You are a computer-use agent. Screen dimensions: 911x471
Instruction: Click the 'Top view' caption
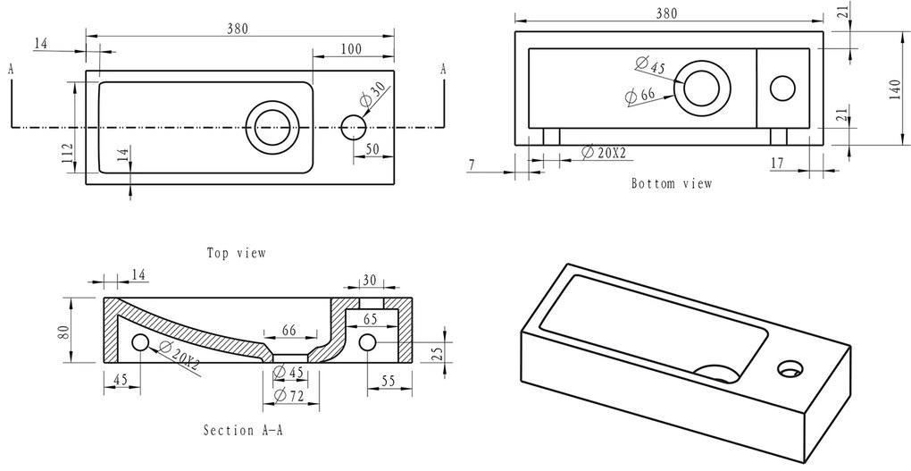pyautogui.click(x=237, y=253)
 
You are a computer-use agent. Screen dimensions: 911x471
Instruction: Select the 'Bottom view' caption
pyautogui.click(x=672, y=184)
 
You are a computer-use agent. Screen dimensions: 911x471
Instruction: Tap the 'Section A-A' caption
pyautogui.click(x=244, y=430)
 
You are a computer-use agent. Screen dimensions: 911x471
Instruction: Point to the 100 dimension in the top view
pyautogui.click(x=351, y=49)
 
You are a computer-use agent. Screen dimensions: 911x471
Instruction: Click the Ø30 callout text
pyautogui.click(x=372, y=94)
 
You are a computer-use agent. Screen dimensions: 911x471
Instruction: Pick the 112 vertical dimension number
pyautogui.click(x=67, y=153)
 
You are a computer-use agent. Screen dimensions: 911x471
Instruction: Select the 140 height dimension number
pyautogui.click(x=895, y=90)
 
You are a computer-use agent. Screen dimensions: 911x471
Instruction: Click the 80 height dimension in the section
pyautogui.click(x=63, y=332)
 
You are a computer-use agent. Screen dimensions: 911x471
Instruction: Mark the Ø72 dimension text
pyautogui.click(x=288, y=396)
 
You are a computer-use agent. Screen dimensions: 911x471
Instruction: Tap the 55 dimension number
pyautogui.click(x=389, y=381)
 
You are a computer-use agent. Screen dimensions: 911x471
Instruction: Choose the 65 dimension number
pyautogui.click(x=370, y=319)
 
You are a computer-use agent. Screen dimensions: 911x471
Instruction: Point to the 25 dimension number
pyautogui.click(x=439, y=353)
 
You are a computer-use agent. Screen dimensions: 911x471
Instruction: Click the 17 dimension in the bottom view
pyautogui.click(x=777, y=164)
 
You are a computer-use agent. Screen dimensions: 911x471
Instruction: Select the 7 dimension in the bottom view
pyautogui.click(x=472, y=165)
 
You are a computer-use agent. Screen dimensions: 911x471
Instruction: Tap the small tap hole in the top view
pyautogui.click(x=353, y=127)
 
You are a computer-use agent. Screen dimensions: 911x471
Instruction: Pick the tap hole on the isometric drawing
pyautogui.click(x=790, y=368)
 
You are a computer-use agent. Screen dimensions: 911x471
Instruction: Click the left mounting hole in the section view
pyautogui.click(x=140, y=343)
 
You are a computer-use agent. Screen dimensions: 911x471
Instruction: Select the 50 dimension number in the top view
pyautogui.click(x=372, y=149)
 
